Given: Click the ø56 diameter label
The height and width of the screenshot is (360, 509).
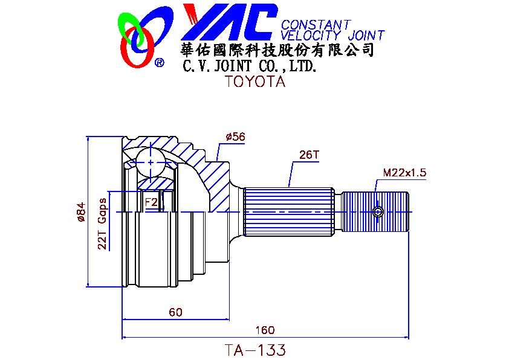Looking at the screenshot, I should pos(235,137).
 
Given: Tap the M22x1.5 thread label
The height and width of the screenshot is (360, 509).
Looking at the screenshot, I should pos(404,173).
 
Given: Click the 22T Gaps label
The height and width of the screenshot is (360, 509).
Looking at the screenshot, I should pos(103,223).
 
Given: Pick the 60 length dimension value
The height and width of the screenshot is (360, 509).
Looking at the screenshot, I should pos(175,312).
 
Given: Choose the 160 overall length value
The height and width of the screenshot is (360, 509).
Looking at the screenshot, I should pos(265,330).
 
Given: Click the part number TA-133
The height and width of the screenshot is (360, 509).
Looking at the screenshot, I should pos(254,350).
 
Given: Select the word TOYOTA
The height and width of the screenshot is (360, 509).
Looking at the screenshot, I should pos(254,82).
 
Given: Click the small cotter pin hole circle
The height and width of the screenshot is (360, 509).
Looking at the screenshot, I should pos(378,212).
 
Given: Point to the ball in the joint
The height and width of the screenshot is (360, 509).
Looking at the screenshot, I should pos(149,162).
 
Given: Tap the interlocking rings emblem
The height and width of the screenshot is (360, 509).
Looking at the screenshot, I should pos(143,36).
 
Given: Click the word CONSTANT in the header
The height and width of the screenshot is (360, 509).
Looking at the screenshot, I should pos(316,25).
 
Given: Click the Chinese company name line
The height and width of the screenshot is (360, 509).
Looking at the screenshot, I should pos(277,50).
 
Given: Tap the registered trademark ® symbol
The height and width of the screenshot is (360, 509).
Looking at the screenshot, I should pos(160,62).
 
